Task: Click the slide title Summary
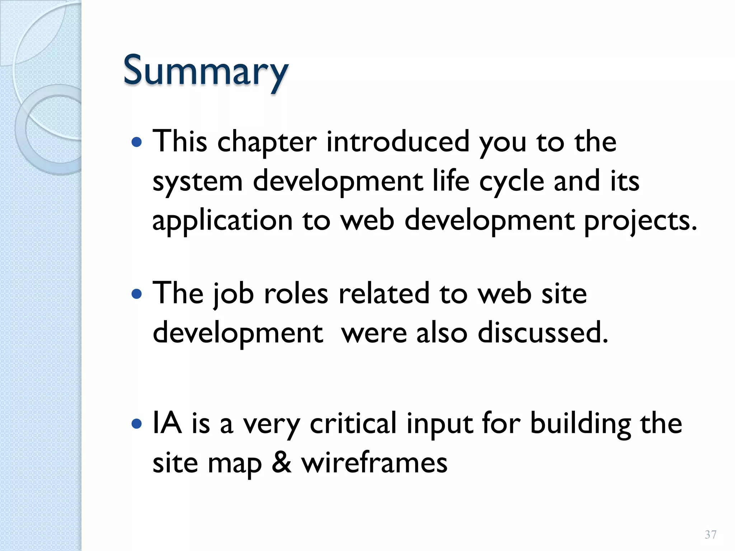click(206, 71)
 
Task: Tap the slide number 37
click(710, 535)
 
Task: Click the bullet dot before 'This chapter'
click(137, 143)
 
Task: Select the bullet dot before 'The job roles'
click(137, 295)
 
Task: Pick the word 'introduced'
click(398, 142)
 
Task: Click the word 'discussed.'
click(543, 333)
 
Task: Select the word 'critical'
click(353, 424)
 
